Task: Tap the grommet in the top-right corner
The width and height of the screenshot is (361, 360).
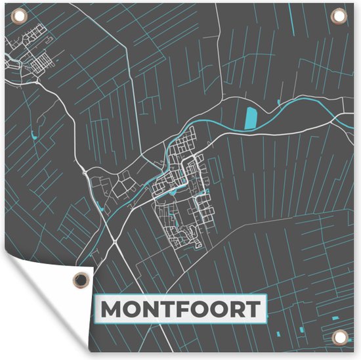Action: [x=339, y=14]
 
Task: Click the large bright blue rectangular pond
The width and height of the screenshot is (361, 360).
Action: [x=251, y=118]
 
